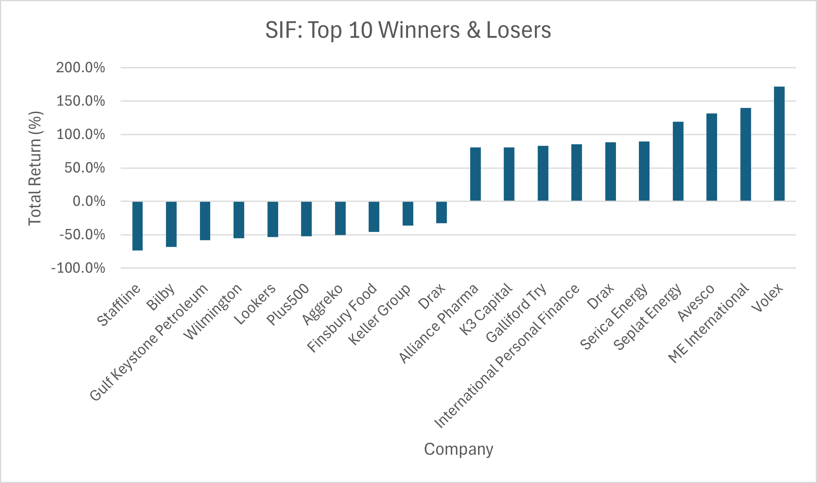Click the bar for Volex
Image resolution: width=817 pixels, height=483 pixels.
click(779, 144)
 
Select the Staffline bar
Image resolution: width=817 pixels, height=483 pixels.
click(137, 226)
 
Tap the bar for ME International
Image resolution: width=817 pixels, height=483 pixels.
click(745, 154)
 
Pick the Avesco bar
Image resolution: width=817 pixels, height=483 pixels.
click(712, 157)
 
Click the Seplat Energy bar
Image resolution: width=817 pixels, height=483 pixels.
click(678, 162)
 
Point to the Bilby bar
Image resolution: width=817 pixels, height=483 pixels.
click(171, 224)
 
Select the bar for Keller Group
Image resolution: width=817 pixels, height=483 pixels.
click(408, 213)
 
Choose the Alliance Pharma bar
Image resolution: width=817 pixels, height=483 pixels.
click(475, 174)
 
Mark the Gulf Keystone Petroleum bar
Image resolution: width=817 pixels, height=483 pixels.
click(205, 221)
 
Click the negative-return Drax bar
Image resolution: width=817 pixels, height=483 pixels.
click(441, 212)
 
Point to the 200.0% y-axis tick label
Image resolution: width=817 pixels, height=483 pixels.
click(81, 68)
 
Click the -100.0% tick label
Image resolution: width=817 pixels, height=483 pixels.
click(78, 268)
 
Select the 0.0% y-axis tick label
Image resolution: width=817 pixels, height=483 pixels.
click(89, 201)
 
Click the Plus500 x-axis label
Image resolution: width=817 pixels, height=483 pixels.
click(288, 305)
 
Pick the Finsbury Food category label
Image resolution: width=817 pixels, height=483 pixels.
click(342, 318)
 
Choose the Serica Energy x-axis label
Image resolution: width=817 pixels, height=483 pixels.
click(614, 317)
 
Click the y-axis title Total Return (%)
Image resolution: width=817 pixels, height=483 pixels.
click(35, 168)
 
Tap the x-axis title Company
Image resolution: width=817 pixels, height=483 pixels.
click(459, 449)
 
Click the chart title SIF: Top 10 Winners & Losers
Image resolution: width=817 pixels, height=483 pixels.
click(408, 30)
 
